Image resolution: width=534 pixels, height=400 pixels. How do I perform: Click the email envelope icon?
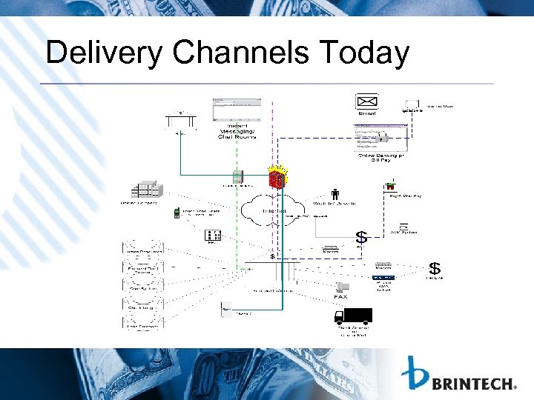click(x=367, y=101)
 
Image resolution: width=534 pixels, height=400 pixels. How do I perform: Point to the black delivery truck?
click(x=353, y=316)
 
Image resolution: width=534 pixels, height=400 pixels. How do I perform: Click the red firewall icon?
click(x=277, y=179)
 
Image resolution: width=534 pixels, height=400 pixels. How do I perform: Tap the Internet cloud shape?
click(x=274, y=210)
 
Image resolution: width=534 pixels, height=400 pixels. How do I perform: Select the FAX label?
click(x=341, y=296)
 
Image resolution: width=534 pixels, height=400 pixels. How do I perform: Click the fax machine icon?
click(x=342, y=286)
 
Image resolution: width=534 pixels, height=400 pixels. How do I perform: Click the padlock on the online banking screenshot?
click(x=382, y=139)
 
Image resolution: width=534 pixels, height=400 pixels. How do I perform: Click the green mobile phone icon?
click(x=177, y=213)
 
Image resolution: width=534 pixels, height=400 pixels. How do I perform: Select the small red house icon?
click(x=390, y=187)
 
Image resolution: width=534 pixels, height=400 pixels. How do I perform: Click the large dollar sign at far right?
click(x=435, y=267)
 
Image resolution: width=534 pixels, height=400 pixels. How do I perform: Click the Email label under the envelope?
click(x=367, y=113)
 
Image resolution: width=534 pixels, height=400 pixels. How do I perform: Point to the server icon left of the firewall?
click(x=238, y=177)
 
